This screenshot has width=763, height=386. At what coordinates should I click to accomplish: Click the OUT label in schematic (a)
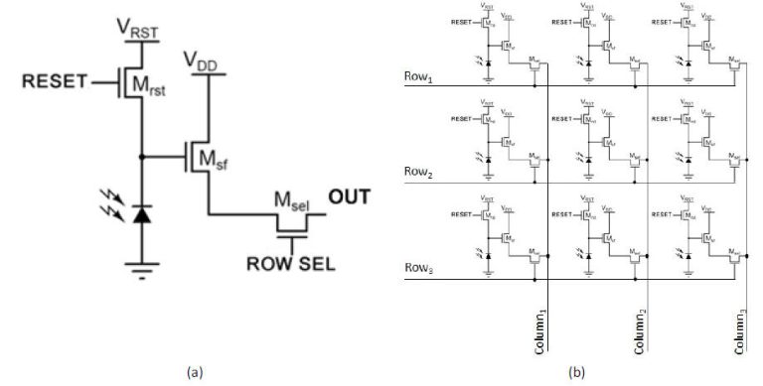(349, 196)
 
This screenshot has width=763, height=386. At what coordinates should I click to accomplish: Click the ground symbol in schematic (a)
(141, 265)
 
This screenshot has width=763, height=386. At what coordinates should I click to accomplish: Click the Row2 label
(417, 171)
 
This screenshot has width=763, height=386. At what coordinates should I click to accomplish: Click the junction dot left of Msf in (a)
(141, 157)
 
